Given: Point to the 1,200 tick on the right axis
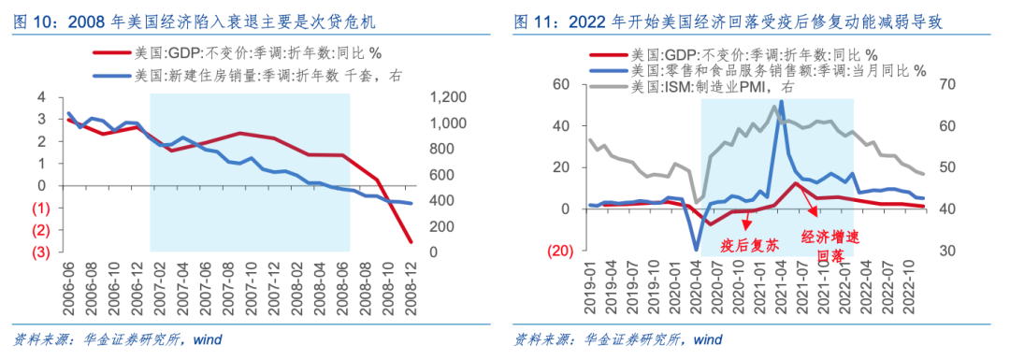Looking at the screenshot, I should [x=447, y=97].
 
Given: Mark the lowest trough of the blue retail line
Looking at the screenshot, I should [x=697, y=250].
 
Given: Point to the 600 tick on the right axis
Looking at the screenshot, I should [x=442, y=175].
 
